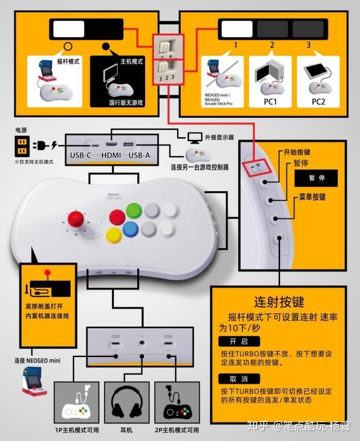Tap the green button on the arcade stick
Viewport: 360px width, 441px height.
click(133, 210)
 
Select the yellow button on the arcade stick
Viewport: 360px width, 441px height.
click(113, 235)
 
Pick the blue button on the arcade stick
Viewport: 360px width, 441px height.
click(131, 230)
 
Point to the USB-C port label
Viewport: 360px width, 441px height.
click(81, 155)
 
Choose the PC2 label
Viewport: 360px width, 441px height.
click(318, 102)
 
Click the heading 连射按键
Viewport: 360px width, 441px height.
click(279, 302)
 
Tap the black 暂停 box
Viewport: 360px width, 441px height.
click(316, 178)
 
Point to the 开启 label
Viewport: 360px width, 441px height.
click(239, 342)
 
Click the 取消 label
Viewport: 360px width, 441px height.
click(239, 379)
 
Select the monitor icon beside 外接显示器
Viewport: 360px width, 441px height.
click(194, 137)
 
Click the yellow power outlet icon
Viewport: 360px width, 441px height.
click(22, 145)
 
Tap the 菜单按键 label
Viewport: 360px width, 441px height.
click(312, 197)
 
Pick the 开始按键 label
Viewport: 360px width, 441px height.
click(297, 152)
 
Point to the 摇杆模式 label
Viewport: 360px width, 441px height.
click(68, 61)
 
